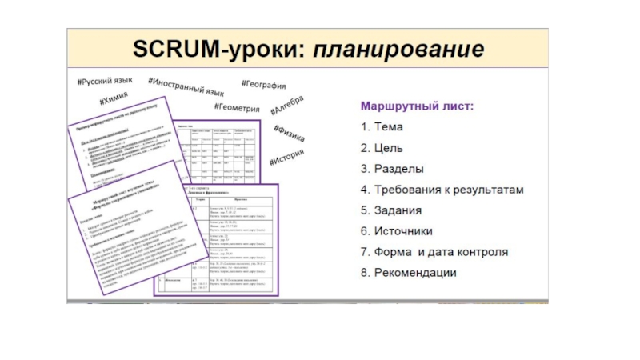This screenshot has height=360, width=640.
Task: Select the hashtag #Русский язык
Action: pos(105,82)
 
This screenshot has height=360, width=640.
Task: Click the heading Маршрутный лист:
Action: pos(417,106)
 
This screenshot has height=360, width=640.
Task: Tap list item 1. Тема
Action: pos(382,126)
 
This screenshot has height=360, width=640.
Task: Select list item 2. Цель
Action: pos(382,147)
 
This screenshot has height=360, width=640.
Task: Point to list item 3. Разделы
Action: pos(392,169)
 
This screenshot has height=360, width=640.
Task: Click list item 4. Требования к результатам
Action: pos(442,190)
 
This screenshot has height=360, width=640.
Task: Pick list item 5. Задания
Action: pos(391,210)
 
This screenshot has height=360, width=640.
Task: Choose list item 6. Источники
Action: pos(397,231)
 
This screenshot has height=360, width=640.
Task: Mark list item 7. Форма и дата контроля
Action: pos(434,252)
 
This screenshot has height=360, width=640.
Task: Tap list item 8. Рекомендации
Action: pos(408,273)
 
